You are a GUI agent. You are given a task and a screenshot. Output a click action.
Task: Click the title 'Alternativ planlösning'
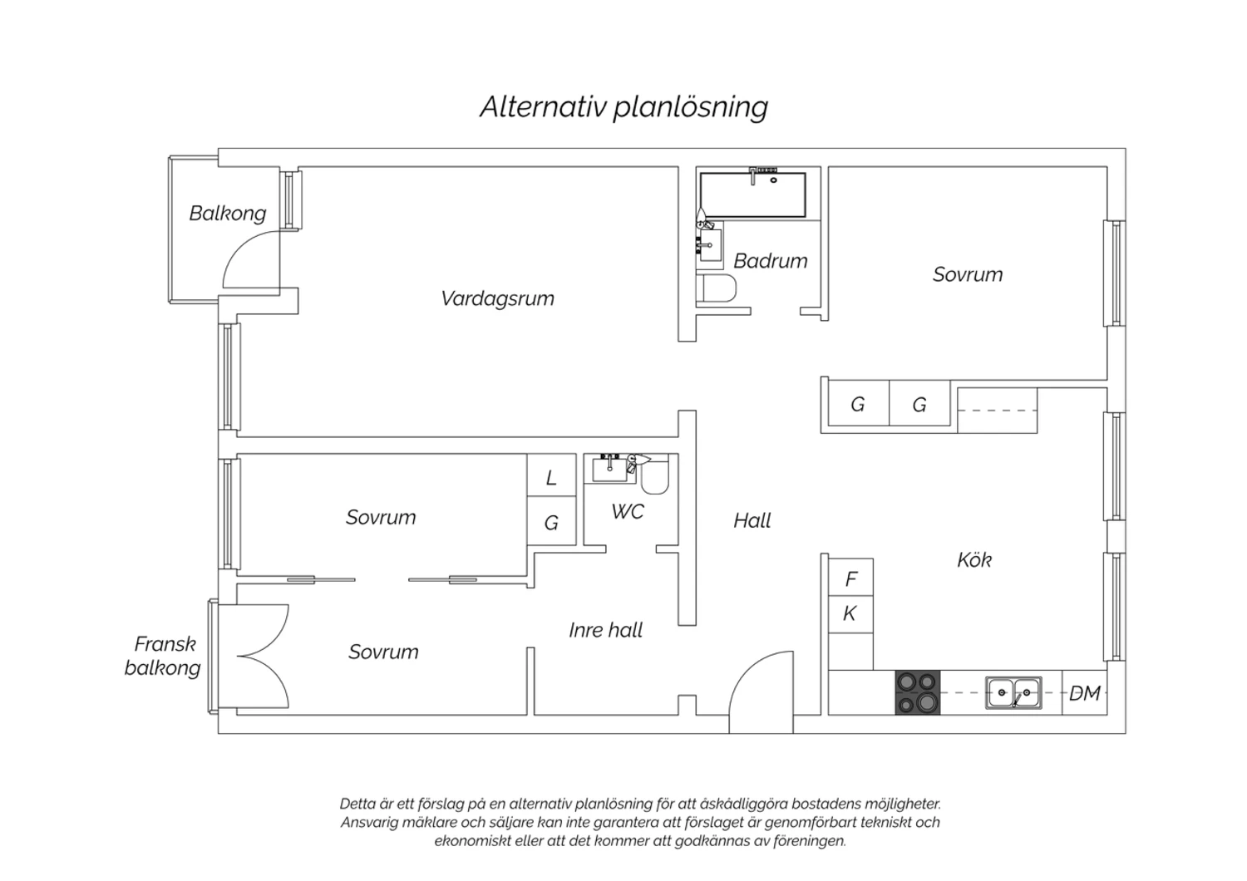[x=624, y=107]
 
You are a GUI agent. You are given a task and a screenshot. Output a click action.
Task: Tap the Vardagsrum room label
[x=497, y=299]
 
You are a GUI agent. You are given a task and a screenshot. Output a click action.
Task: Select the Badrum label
[x=771, y=261]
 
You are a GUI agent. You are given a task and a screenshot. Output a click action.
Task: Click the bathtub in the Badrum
[x=752, y=194]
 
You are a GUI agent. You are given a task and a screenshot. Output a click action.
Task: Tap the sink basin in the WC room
[x=609, y=470]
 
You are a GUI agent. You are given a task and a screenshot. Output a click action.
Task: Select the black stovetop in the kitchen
[x=917, y=692]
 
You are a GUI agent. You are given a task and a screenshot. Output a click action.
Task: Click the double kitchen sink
[x=1013, y=692]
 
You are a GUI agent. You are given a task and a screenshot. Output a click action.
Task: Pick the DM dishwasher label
[x=1084, y=693]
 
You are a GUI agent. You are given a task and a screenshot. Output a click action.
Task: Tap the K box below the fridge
[x=850, y=614]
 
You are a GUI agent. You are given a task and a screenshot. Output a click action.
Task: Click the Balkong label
[x=227, y=213]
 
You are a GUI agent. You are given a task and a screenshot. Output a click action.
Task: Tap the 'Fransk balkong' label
[x=163, y=656]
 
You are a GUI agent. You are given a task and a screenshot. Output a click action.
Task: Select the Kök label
[x=974, y=560]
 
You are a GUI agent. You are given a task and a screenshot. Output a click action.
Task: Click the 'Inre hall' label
[x=606, y=630]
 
